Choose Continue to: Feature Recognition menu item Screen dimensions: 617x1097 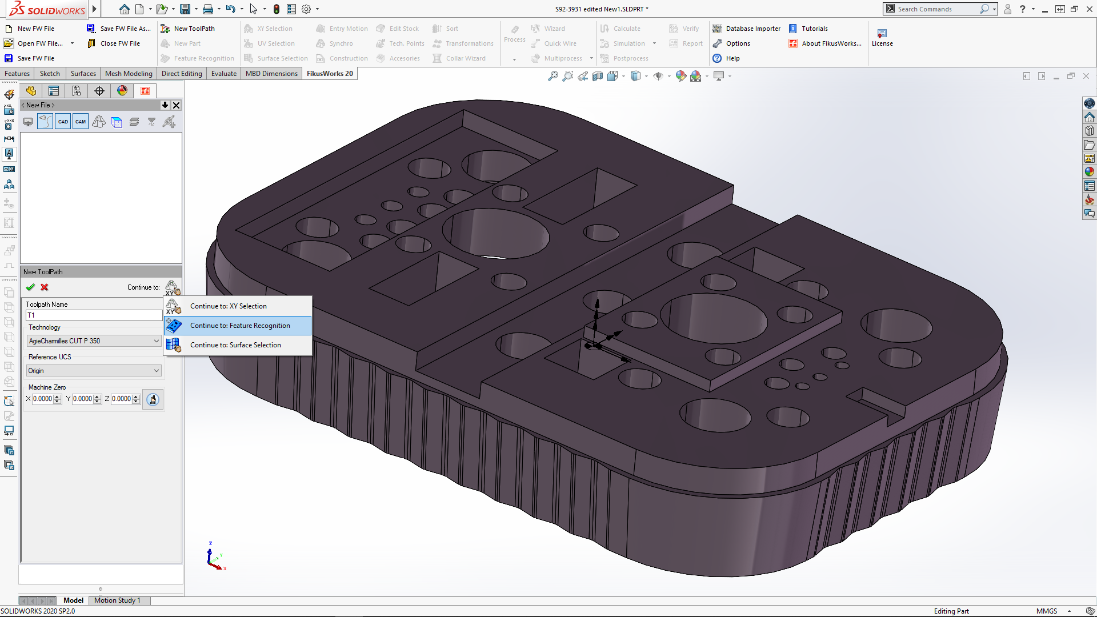click(240, 326)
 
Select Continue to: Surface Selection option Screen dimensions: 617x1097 click(235, 345)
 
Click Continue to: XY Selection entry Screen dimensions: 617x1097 click(228, 306)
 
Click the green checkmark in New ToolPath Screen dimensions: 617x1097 click(30, 287)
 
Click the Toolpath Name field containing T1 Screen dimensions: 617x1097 click(94, 315)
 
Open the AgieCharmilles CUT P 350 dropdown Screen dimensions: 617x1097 click(94, 341)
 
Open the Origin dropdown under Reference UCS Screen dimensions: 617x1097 click(94, 371)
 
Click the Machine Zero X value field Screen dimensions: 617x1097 click(43, 399)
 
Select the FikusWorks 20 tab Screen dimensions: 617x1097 click(330, 74)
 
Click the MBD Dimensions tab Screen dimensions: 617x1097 click(271, 74)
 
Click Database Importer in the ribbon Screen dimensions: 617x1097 click(752, 29)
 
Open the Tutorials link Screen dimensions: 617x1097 click(814, 29)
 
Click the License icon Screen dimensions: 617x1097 click(882, 37)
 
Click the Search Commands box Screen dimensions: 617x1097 click(937, 9)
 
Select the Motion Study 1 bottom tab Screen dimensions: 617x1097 click(117, 600)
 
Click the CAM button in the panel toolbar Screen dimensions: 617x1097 click(81, 122)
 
